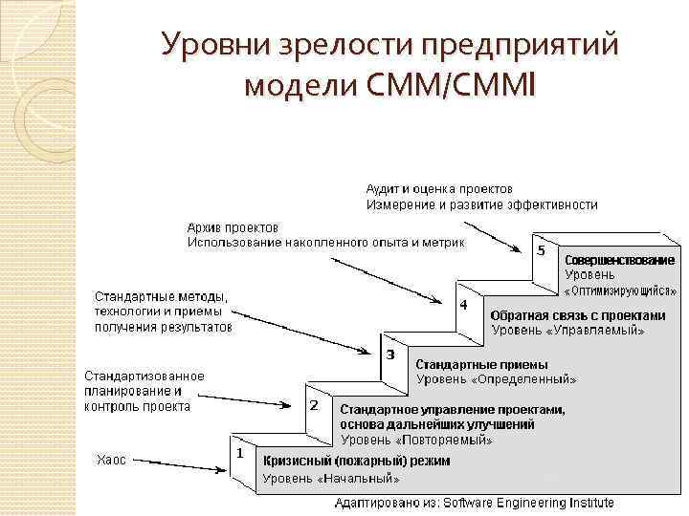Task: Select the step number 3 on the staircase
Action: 389,355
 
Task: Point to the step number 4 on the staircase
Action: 463,305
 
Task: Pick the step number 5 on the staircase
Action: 542,250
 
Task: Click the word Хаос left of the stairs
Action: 110,460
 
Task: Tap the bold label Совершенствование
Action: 619,260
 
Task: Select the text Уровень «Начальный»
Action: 330,478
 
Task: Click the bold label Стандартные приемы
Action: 481,364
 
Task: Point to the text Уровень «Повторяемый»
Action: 417,441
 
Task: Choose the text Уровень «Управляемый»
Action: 567,330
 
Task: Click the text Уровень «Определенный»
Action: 496,378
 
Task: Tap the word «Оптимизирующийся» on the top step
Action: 618,290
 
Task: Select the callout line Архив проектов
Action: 233,227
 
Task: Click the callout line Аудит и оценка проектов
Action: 439,189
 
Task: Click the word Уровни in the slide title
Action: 208,44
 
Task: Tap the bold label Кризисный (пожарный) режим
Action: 357,461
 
